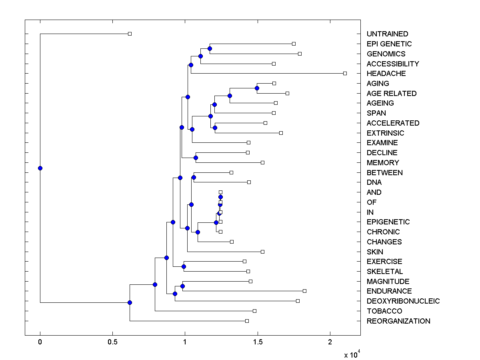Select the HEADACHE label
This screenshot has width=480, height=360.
(x=386, y=74)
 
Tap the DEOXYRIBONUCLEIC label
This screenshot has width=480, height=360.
(x=403, y=301)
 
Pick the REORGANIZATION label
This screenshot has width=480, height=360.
(x=398, y=321)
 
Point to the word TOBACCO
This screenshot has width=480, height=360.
(x=384, y=311)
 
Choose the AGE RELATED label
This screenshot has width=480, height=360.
(x=391, y=94)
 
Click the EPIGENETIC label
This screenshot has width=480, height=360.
(x=388, y=222)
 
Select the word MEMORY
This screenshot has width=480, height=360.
(x=382, y=163)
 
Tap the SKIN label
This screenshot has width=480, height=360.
(x=375, y=252)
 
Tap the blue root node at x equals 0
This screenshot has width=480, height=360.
(x=40, y=168)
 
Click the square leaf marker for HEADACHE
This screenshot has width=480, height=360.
(x=345, y=73)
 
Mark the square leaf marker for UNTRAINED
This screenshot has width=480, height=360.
(x=130, y=34)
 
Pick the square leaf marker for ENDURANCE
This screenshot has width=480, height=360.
(x=304, y=291)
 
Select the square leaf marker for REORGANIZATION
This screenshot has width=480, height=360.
(x=247, y=321)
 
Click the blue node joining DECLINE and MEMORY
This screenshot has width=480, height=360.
(x=196, y=158)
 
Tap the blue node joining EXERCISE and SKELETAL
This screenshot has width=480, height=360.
(x=184, y=266)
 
